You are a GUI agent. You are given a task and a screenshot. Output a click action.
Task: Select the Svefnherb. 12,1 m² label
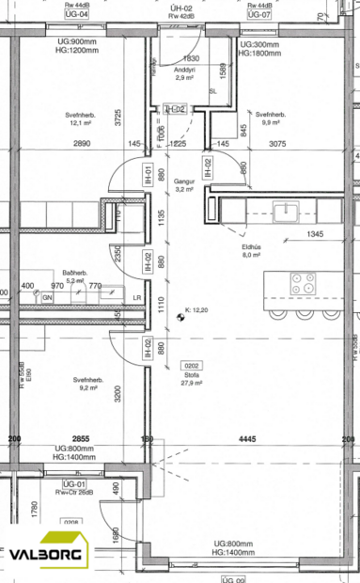pos(65,117)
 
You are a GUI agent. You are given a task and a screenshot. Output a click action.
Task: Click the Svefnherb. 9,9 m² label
pos(273,117)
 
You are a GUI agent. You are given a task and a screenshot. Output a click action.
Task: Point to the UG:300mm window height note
pos(260,45)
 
